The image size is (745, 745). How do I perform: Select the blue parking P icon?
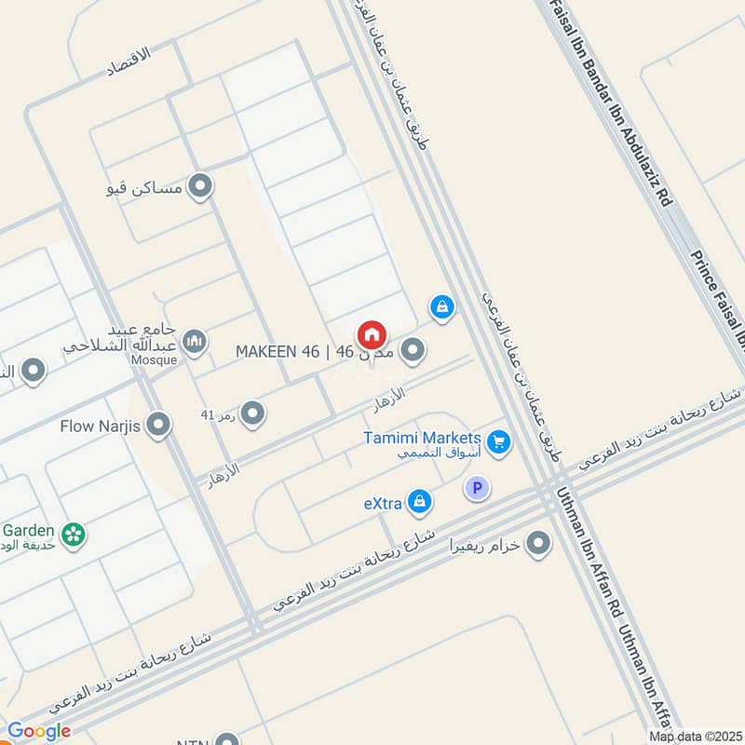click(x=478, y=488)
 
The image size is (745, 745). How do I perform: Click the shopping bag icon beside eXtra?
click(x=420, y=502)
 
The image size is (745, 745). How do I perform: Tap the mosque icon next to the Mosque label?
click(x=195, y=342)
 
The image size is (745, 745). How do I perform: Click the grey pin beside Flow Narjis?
click(x=159, y=426)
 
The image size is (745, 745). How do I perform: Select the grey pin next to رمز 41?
click(x=251, y=413)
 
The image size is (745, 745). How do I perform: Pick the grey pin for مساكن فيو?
click(x=199, y=187)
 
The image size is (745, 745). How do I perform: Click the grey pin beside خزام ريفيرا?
click(x=538, y=543)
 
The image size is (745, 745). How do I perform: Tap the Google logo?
click(x=39, y=731)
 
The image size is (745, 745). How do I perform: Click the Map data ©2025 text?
click(x=694, y=736)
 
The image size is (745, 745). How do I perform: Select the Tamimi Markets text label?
click(x=423, y=438)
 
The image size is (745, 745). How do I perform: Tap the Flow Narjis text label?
click(x=102, y=427)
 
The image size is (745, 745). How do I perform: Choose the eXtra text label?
click(x=383, y=504)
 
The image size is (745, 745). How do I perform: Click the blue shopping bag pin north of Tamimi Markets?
click(x=442, y=306)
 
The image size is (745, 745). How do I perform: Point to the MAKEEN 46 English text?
click(x=277, y=351)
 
